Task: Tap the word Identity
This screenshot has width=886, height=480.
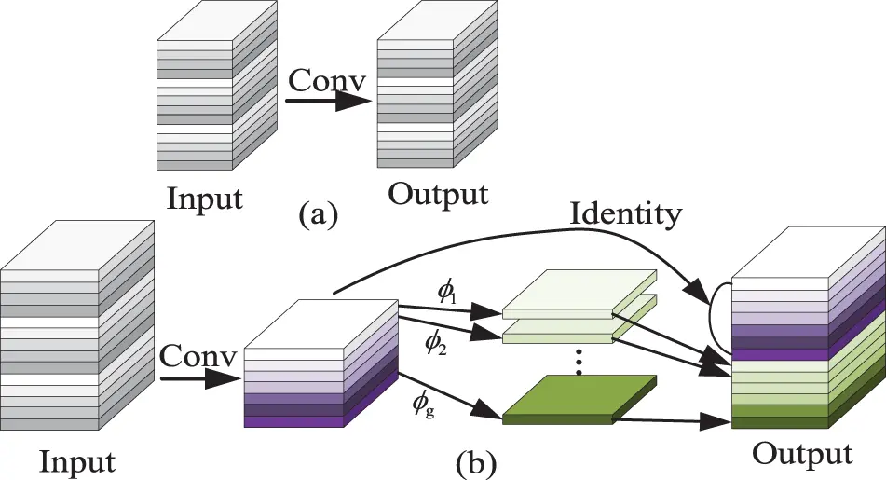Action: (625, 214)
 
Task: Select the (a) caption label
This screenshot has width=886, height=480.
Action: (319, 215)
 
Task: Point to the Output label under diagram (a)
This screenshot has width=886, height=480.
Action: (437, 194)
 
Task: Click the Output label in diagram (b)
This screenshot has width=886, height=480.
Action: (802, 454)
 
